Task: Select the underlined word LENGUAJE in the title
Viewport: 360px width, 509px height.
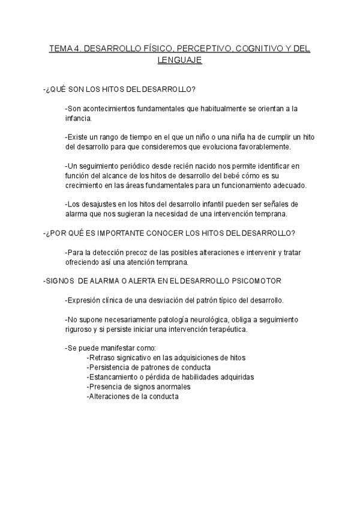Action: click(180, 61)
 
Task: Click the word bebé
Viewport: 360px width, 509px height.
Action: click(223, 175)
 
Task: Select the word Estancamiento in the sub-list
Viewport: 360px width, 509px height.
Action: click(113, 377)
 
